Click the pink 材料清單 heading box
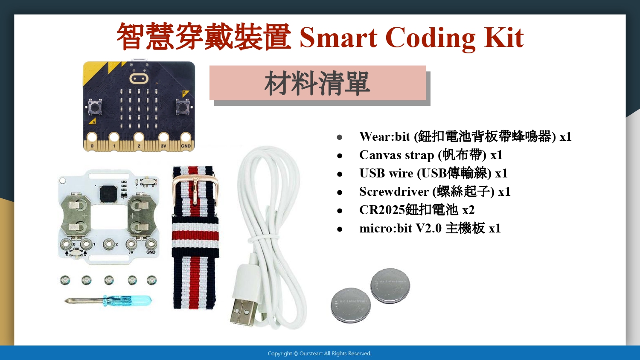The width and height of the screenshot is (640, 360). [x=318, y=83]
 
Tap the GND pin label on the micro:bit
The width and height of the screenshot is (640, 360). [x=186, y=146]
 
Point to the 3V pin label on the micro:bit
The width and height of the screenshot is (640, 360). [x=163, y=146]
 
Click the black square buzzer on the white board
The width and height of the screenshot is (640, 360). [x=108, y=193]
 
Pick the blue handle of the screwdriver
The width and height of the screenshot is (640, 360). [x=128, y=300]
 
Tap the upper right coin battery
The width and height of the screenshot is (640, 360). [x=390, y=285]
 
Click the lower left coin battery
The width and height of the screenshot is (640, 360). [x=351, y=305]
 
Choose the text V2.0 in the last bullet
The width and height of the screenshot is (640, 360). [x=428, y=228]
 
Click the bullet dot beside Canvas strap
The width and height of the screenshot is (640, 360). [x=340, y=156]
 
